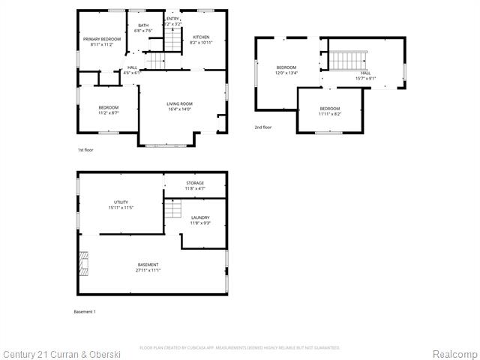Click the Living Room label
click(x=180, y=106)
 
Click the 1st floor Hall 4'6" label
click(x=132, y=70)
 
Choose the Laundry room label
click(x=199, y=220)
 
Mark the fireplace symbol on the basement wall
click(x=82, y=263)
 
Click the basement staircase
click(x=173, y=209)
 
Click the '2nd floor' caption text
click(x=263, y=127)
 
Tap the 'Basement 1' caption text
click(x=85, y=311)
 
